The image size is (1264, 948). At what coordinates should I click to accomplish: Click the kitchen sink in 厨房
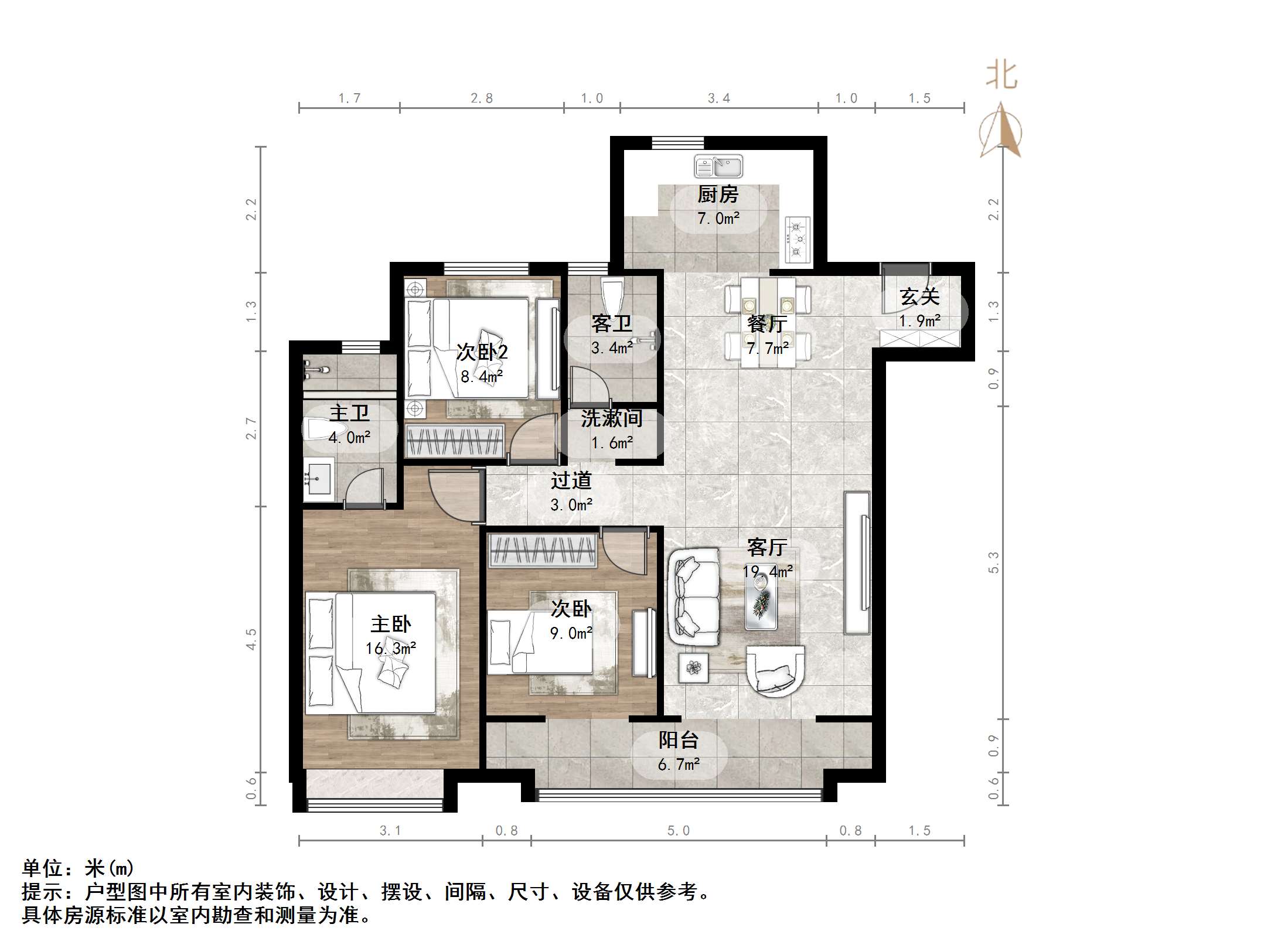coord(718,166)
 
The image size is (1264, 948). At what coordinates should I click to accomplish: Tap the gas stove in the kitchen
coord(797,239)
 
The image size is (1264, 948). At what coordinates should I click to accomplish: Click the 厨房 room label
coord(718,195)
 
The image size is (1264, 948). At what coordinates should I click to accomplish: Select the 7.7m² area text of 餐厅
coord(767,349)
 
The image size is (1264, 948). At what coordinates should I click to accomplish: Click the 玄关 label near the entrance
coord(919,297)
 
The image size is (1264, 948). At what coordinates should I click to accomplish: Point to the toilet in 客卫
coord(612,296)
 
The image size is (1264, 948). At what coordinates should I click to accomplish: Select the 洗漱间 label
coord(611,418)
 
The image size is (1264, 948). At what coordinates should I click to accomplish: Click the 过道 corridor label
coord(571,481)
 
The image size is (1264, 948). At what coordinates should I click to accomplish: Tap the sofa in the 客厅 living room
coord(694,598)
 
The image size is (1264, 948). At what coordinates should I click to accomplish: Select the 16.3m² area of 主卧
coord(390,649)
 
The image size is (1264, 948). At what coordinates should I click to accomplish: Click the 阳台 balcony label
coord(678,740)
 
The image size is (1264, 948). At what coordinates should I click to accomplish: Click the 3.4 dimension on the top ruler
coord(718,98)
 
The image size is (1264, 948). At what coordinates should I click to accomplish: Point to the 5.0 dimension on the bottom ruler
coord(678,831)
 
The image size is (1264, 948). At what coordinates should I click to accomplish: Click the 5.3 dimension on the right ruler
coord(993,562)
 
